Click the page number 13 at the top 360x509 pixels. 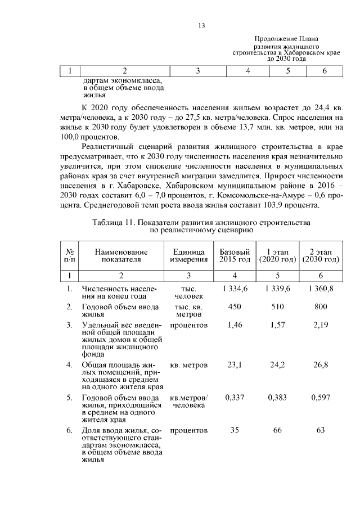point(201,25)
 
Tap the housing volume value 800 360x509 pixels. point(321,307)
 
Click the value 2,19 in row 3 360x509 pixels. point(321,326)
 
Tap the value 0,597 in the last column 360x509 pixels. point(321,398)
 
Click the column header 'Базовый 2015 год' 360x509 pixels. point(234,255)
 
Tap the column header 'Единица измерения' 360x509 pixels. point(188,255)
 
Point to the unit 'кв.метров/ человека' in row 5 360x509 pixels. point(188,401)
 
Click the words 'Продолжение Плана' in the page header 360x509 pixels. point(286,38)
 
